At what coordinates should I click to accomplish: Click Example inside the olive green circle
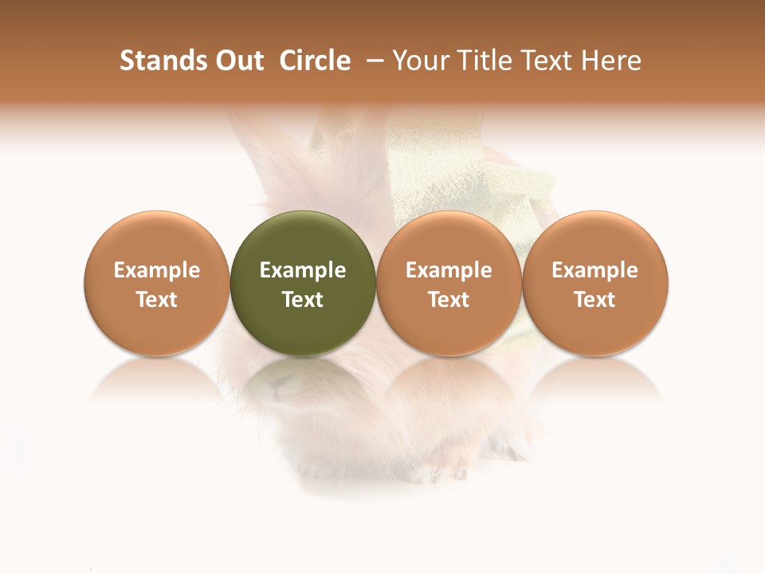(303, 270)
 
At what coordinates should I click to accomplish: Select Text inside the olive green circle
(303, 300)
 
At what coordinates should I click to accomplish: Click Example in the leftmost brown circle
(157, 270)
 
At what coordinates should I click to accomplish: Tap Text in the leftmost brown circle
(157, 300)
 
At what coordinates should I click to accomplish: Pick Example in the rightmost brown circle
(595, 270)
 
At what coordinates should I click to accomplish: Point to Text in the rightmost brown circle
(595, 300)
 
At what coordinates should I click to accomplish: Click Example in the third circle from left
(449, 270)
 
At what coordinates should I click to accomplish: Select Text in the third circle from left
(449, 300)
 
